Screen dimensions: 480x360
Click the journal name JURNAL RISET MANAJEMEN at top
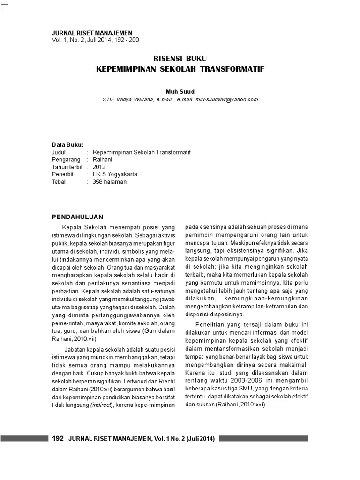pyautogui.click(x=91, y=33)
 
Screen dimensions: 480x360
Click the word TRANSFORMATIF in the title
pyautogui.click(x=234, y=69)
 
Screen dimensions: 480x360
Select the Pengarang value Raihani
pyautogui.click(x=103, y=159)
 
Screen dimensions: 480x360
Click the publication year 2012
pyautogui.click(x=99, y=167)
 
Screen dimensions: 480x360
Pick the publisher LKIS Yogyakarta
pyautogui.click(x=116, y=174)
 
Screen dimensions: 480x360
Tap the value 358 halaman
pyautogui.click(x=110, y=182)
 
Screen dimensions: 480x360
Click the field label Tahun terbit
pyautogui.click(x=67, y=167)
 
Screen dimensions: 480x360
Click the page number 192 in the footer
pyautogui.click(x=57, y=439)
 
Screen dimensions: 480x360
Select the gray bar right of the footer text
pyautogui.click(x=263, y=439)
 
